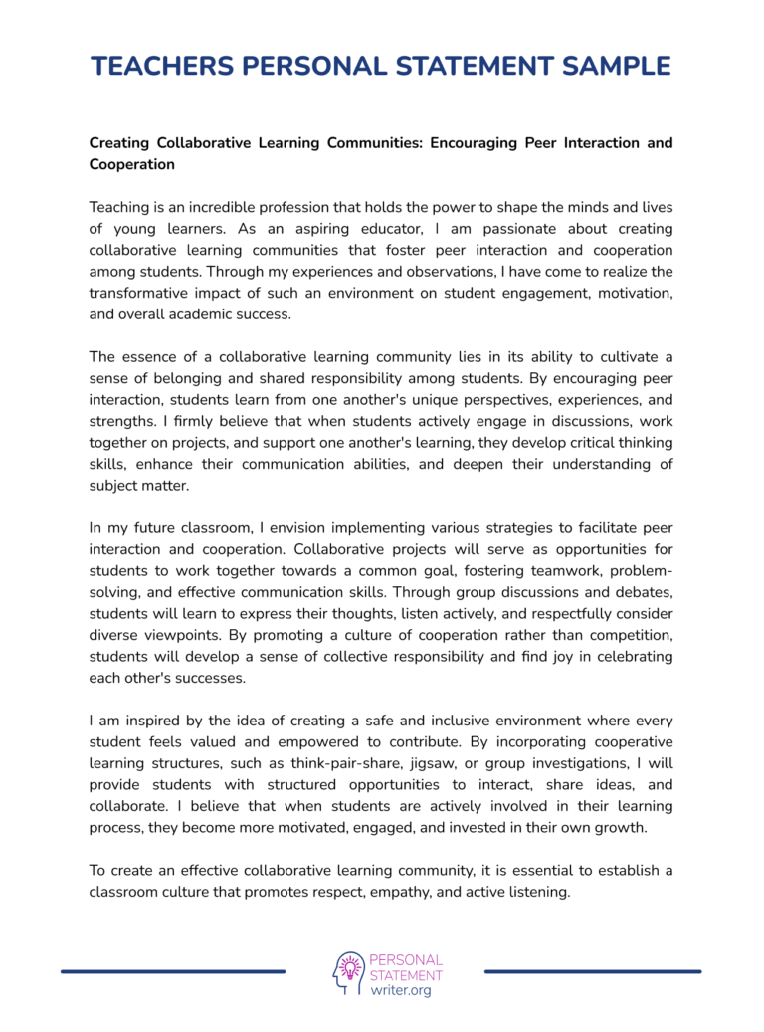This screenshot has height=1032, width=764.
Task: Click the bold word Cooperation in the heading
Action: [131, 164]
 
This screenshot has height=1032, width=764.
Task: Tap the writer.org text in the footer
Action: [400, 991]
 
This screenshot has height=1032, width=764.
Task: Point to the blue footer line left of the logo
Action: [173, 971]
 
